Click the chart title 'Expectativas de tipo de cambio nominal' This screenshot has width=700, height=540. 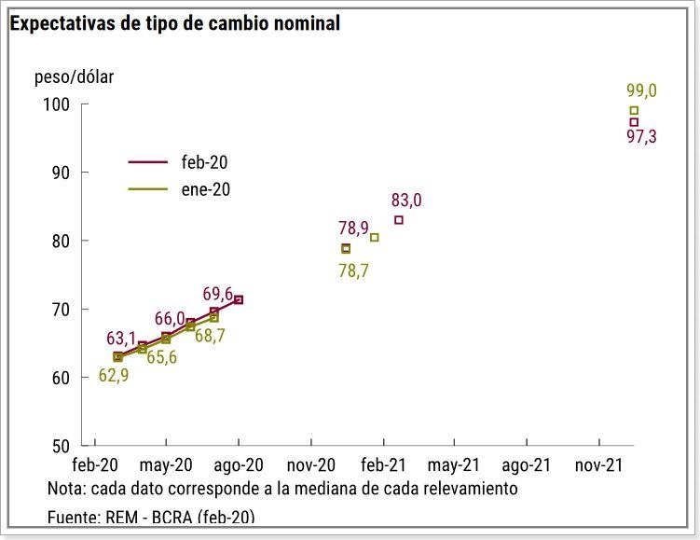pos(174,23)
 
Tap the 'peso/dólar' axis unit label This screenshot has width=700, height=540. pos(74,77)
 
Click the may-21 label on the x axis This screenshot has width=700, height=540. pos(454,464)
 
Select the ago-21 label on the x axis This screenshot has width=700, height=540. pos(527,464)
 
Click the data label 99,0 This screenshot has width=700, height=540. pos(641,90)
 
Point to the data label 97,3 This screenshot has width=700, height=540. pos(641,137)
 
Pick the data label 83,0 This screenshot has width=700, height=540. pos(406,200)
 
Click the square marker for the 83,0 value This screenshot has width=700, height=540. pos(399,220)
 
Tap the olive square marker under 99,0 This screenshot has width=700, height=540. pos(634,111)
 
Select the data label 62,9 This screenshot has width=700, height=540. pos(113,377)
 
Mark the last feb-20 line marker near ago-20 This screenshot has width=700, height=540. pos(239,299)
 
